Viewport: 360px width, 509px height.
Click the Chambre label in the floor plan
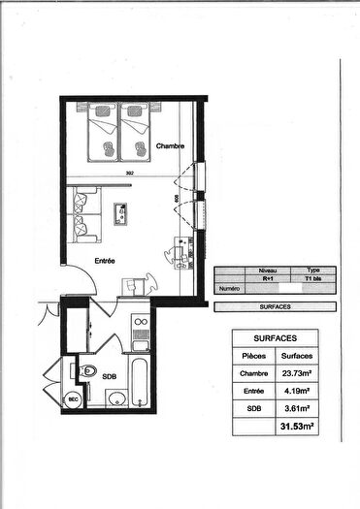[x=171, y=145]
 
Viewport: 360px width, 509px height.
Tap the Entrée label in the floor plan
[x=105, y=261]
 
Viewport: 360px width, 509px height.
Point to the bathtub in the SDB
[x=140, y=383]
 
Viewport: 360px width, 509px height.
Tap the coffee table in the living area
[x=123, y=211]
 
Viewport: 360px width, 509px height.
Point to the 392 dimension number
[x=129, y=175]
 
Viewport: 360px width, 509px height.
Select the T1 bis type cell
[x=312, y=278]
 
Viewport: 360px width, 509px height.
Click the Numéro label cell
[x=229, y=288]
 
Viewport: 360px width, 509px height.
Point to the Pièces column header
[x=253, y=356]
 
